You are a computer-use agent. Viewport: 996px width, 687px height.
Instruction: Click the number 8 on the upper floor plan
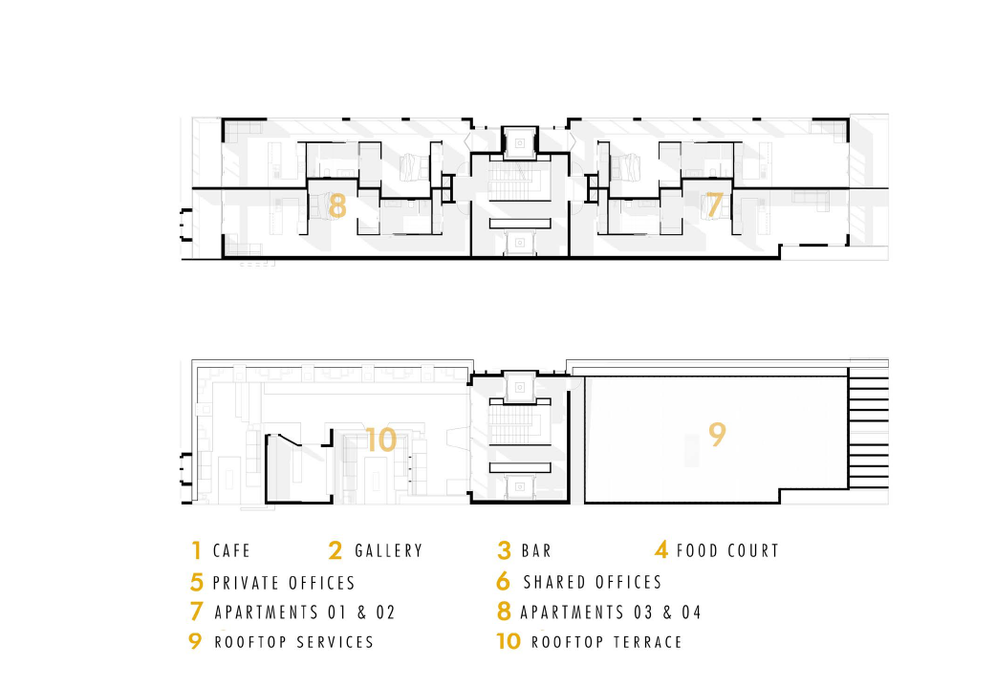pyautogui.click(x=336, y=205)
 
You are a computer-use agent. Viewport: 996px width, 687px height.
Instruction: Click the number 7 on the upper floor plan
pyautogui.click(x=713, y=204)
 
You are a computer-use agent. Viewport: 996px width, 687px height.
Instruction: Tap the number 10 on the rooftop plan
pyautogui.click(x=380, y=440)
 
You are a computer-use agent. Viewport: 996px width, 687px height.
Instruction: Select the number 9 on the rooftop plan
pyautogui.click(x=717, y=434)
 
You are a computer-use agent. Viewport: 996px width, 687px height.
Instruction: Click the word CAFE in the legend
pyautogui.click(x=231, y=551)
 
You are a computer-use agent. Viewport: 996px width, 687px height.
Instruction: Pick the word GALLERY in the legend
pyautogui.click(x=388, y=551)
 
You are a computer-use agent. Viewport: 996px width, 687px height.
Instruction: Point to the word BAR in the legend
pyautogui.click(x=536, y=551)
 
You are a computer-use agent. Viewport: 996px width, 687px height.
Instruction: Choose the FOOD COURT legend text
pyautogui.click(x=727, y=551)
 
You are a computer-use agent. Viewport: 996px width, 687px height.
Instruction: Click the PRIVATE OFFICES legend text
pyautogui.click(x=284, y=583)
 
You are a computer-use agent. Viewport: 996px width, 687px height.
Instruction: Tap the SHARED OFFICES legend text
pyautogui.click(x=593, y=582)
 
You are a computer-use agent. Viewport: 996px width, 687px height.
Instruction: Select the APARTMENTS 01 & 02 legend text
pyautogui.click(x=305, y=612)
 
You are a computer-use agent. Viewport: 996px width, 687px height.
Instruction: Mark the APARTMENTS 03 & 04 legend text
pyautogui.click(x=612, y=612)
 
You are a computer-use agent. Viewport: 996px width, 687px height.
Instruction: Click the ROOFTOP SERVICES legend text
pyautogui.click(x=293, y=642)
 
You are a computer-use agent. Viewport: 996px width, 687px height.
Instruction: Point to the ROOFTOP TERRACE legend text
pyautogui.click(x=607, y=642)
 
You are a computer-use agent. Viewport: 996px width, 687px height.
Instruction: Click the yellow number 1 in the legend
pyautogui.click(x=196, y=550)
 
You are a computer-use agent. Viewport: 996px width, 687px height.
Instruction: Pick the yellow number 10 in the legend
pyautogui.click(x=509, y=641)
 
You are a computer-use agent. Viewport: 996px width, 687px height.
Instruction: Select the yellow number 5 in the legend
pyautogui.click(x=197, y=582)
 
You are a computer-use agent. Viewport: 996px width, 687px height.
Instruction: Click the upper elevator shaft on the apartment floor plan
pyautogui.click(x=521, y=141)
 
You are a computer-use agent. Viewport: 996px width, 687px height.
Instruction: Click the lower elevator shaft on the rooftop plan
pyautogui.click(x=521, y=484)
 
